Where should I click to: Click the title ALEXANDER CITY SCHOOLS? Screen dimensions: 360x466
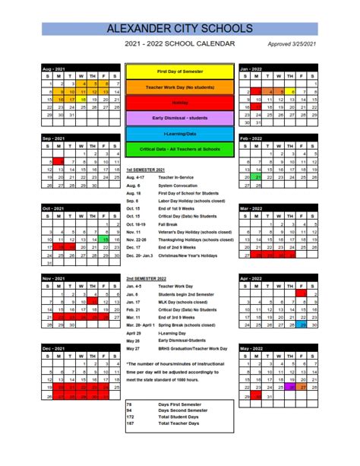tap(179, 29)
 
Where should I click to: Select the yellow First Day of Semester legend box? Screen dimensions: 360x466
tap(180, 71)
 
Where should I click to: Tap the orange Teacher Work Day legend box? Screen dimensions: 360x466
tap(180, 87)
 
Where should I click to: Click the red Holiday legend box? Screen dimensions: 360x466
tap(180, 102)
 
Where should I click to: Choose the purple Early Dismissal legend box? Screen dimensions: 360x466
tap(180, 118)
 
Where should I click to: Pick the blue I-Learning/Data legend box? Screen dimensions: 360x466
tap(180, 134)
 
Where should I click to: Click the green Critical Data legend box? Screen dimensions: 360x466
tap(180, 149)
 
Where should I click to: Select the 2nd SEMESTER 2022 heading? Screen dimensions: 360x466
tap(147, 278)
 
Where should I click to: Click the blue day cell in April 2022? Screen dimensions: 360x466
tap(302, 325)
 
